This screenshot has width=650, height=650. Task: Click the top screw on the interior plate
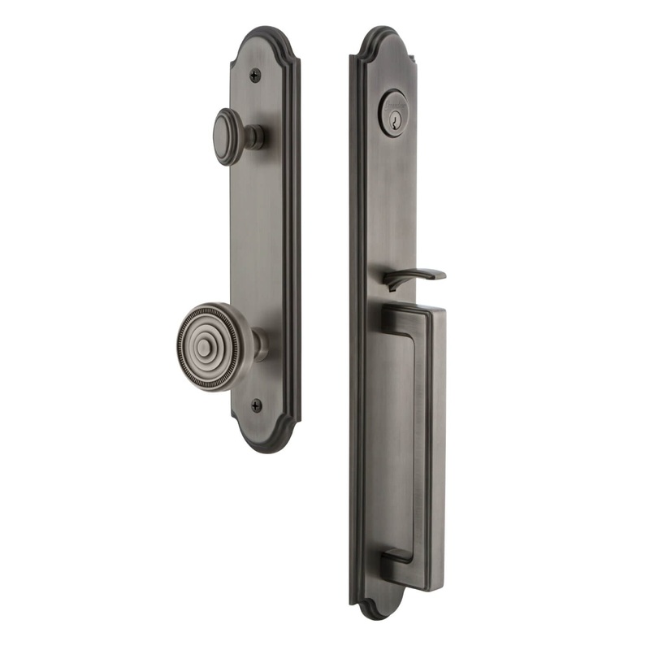[255, 76]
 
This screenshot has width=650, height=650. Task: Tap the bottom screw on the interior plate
[257, 404]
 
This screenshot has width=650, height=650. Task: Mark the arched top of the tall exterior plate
[383, 41]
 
